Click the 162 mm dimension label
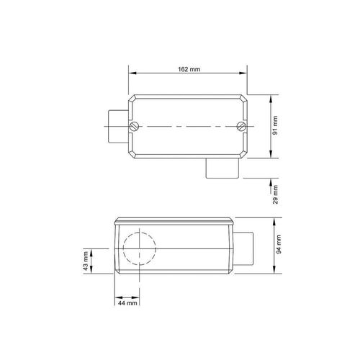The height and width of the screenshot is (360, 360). pyautogui.click(x=189, y=69)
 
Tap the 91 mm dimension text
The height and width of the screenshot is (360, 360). pyautogui.click(x=275, y=125)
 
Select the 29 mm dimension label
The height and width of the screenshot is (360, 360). pyautogui.click(x=275, y=194)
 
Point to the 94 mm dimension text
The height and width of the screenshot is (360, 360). pyautogui.click(x=279, y=244)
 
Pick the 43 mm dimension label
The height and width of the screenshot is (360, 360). pyautogui.click(x=86, y=261)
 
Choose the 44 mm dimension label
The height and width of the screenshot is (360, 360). pyautogui.click(x=127, y=303)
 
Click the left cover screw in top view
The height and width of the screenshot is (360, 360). pyautogui.click(x=134, y=126)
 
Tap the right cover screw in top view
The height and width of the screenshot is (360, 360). pyautogui.click(x=241, y=126)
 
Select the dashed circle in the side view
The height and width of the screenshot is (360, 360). pyautogui.click(x=140, y=233)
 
